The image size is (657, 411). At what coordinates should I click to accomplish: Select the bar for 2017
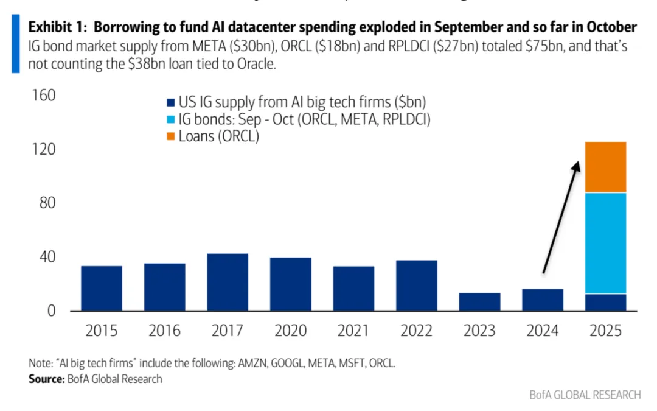pyautogui.click(x=228, y=282)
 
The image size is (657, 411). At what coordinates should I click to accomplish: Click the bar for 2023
pyautogui.click(x=480, y=302)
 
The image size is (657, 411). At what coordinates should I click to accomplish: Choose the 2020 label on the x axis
pyautogui.click(x=291, y=331)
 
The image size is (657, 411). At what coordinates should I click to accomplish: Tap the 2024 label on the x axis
pyautogui.click(x=543, y=331)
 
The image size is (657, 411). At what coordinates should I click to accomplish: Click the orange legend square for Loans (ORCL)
pyautogui.click(x=170, y=137)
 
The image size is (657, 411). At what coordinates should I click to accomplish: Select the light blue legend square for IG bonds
pyautogui.click(x=170, y=120)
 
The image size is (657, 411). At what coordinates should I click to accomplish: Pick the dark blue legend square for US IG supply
pyautogui.click(x=170, y=103)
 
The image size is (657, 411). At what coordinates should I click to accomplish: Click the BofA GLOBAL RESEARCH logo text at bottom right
pyautogui.click(x=585, y=395)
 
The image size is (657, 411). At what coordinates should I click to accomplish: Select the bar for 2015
pyautogui.click(x=102, y=288)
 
